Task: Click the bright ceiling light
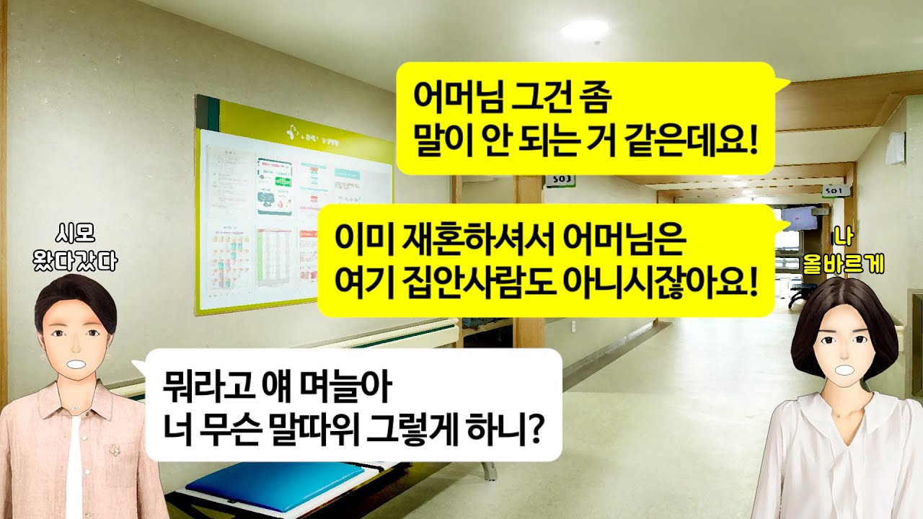pyautogui.click(x=584, y=29)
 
